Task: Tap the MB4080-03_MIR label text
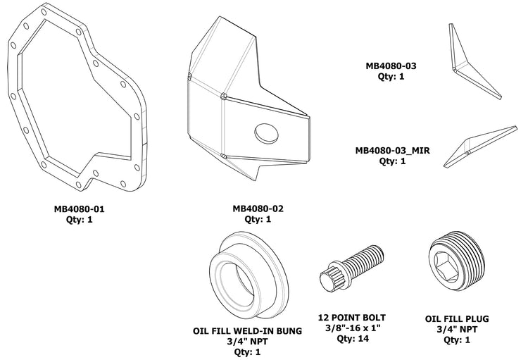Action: click(392, 150)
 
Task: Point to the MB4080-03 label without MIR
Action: click(391, 66)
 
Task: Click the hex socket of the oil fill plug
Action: click(446, 263)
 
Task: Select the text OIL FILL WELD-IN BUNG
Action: click(247, 330)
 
